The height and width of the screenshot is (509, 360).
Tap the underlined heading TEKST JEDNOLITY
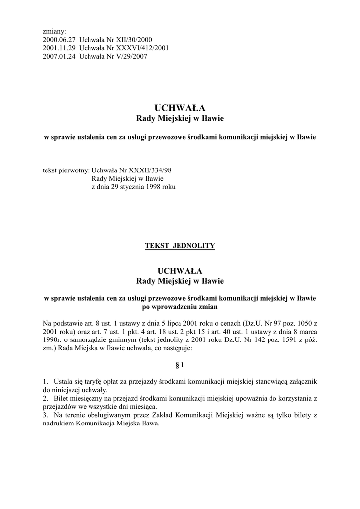[x=180, y=246]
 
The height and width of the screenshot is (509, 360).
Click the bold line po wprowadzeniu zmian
[x=180, y=307]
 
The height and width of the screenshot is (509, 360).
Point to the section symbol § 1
[x=180, y=365]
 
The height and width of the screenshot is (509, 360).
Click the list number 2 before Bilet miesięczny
[x=45, y=398]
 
